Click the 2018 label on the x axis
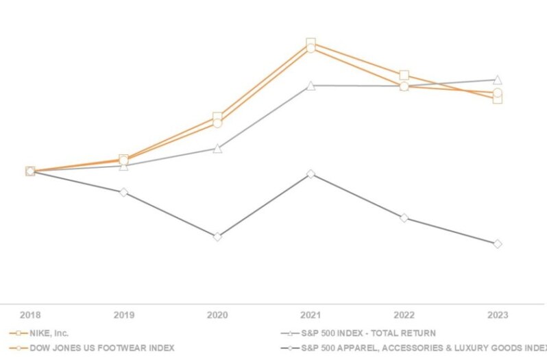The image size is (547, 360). pos(30,315)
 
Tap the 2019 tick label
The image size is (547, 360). pos(123,315)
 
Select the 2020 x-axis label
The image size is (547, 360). pos(217,315)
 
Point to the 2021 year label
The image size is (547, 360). pos(311,315)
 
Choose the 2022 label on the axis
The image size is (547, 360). pos(404,315)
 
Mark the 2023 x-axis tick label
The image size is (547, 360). pos(497,315)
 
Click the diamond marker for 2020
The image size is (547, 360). pos(217,237)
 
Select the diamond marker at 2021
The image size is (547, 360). pos(311,174)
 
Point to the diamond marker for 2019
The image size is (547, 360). pos(123,192)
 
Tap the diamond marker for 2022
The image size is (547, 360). pos(404,218)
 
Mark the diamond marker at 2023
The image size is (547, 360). pos(497,243)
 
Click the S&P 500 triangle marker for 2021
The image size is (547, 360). pos(311,86)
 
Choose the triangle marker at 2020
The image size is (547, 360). pos(217,148)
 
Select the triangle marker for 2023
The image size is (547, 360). pos(497,80)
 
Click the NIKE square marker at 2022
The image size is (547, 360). pos(404,75)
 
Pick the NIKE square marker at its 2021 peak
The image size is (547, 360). pos(311,43)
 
